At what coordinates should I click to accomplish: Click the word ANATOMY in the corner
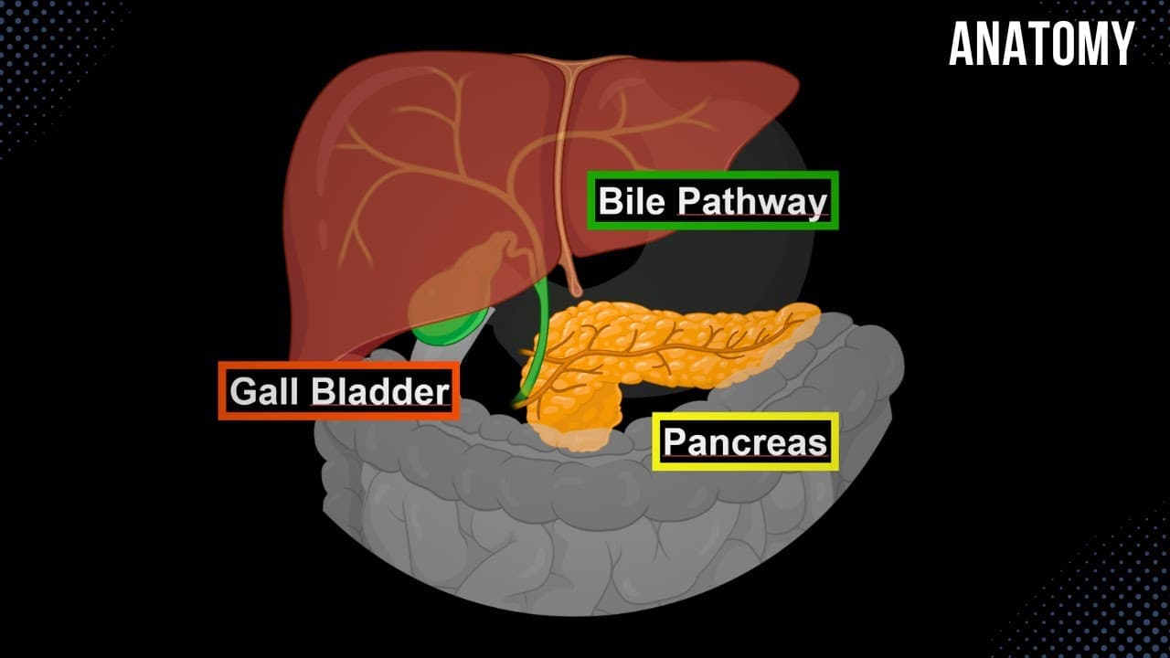coord(1041,44)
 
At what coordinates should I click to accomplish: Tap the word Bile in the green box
coord(632,200)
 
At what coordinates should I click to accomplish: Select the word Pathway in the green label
coord(752,203)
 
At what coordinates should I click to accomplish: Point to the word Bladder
coord(380,391)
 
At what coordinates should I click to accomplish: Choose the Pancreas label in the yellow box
coord(745,442)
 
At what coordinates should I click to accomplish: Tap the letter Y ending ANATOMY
coord(1122,44)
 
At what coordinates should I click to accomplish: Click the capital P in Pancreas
coord(675,441)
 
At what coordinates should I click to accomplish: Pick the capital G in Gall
coord(242,391)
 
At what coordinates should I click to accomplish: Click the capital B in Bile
coord(611,200)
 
